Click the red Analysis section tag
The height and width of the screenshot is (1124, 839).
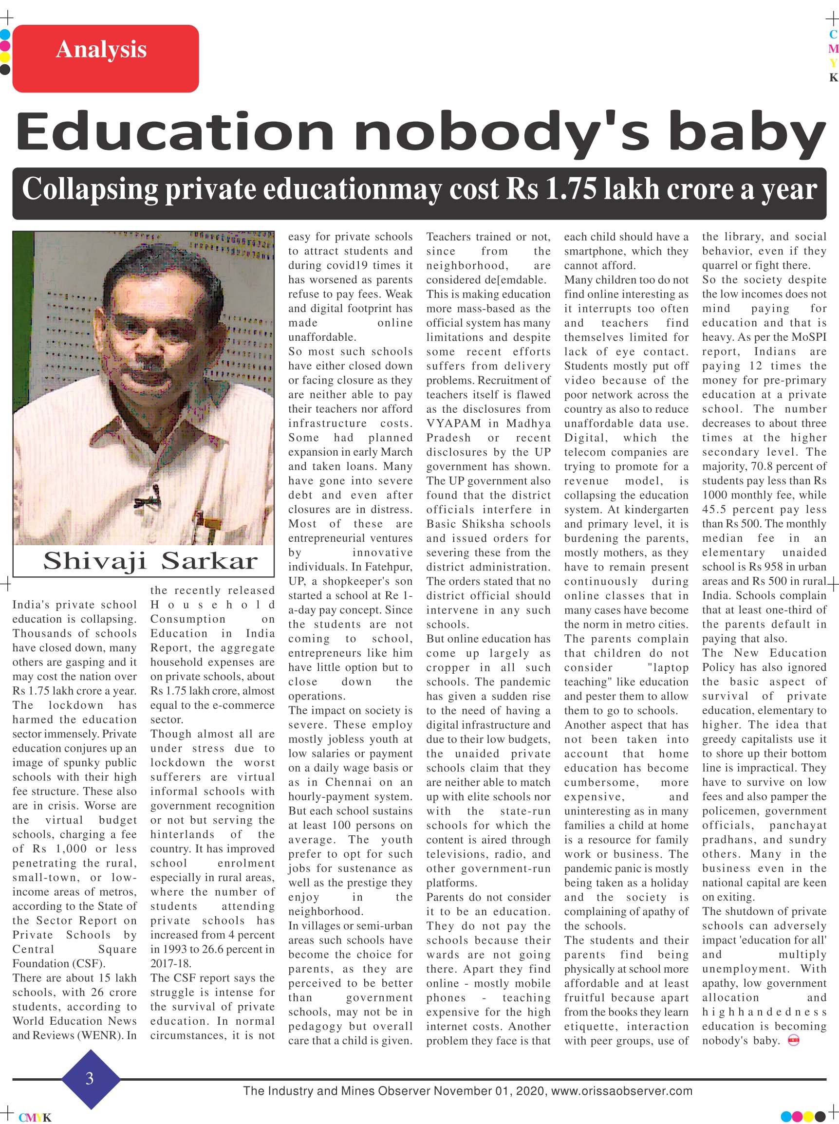105,58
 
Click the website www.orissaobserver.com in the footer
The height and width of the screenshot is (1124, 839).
622,1091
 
